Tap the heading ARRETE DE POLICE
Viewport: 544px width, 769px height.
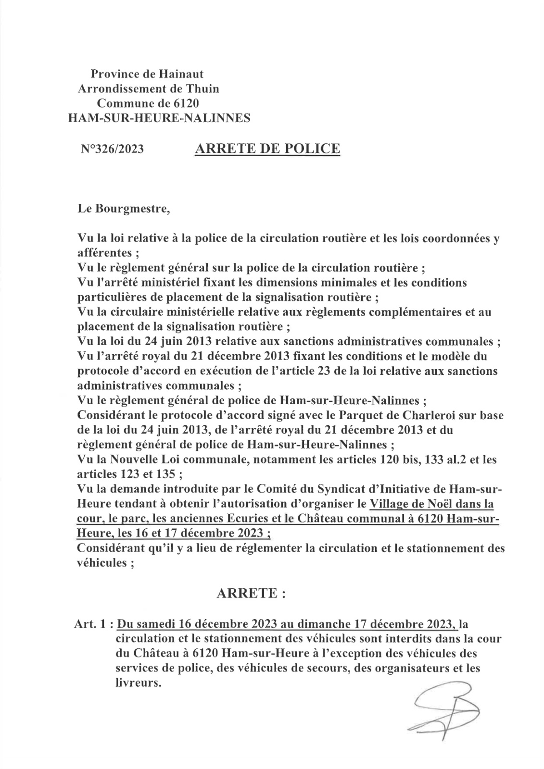point(267,149)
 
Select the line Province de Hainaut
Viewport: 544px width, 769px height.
point(147,74)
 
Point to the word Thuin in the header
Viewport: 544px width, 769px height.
point(203,88)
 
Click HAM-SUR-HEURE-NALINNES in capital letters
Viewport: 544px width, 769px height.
point(160,118)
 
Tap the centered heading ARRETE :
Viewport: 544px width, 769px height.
point(252,593)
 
